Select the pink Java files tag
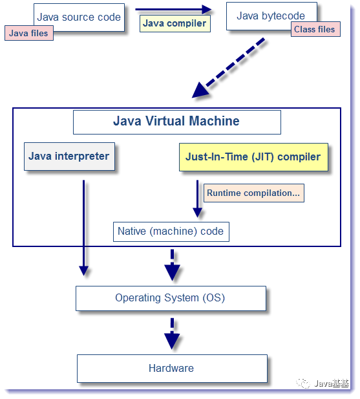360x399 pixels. [29, 33]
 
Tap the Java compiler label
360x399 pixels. [175, 24]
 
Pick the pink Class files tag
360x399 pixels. [315, 29]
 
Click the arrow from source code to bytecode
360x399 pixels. [173, 9]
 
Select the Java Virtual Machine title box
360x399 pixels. [176, 122]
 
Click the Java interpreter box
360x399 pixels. [69, 156]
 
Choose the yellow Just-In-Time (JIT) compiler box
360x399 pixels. [253, 157]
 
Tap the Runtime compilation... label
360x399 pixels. [253, 193]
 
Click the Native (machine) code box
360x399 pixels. [171, 232]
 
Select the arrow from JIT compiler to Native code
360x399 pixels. [197, 200]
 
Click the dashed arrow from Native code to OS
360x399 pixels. [172, 265]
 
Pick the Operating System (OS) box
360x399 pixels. [171, 298]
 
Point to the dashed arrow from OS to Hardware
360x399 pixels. [172, 333]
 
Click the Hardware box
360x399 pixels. [171, 368]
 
